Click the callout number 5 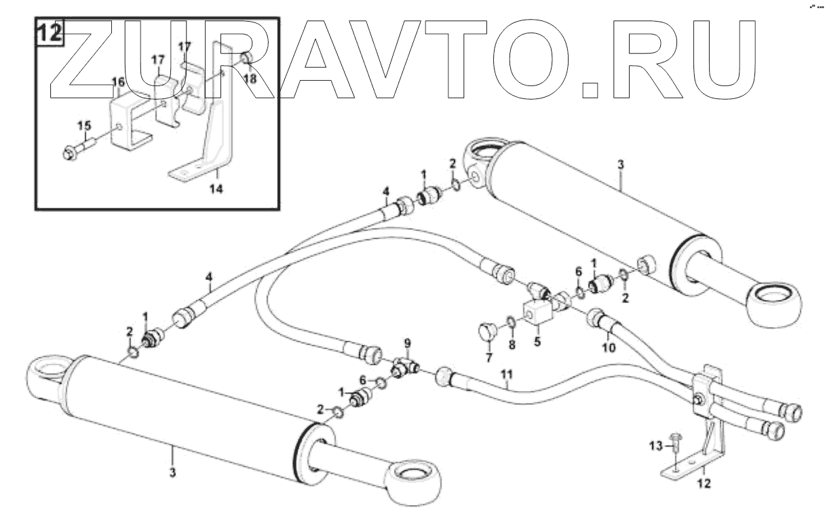point(537,343)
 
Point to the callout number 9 point(407,342)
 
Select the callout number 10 point(609,347)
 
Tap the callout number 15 point(83,125)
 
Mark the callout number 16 point(117,81)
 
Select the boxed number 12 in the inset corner point(49,33)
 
